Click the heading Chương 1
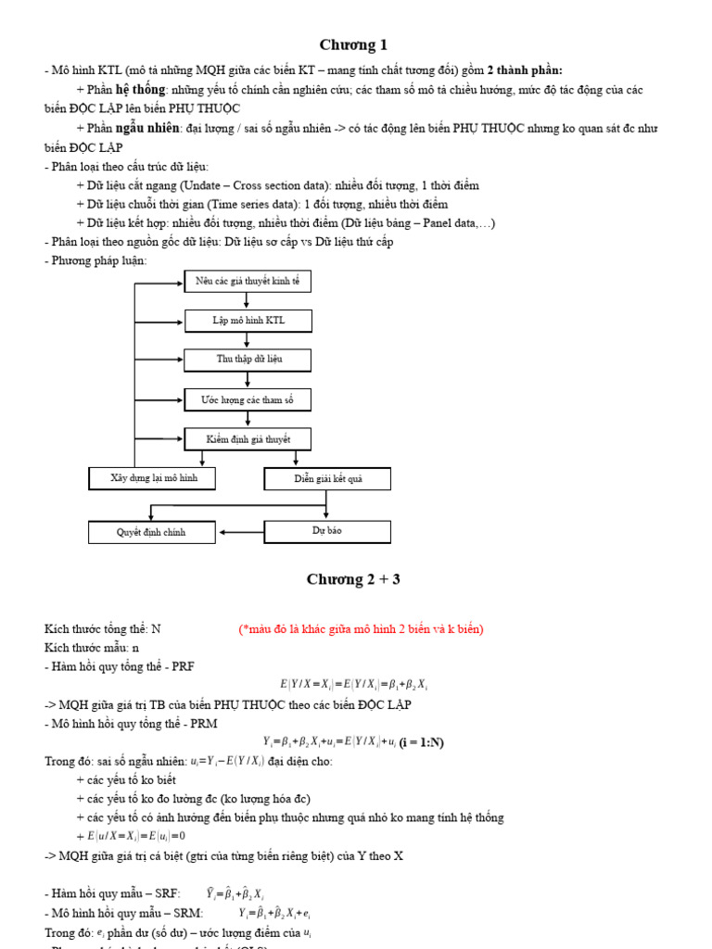[x=353, y=45]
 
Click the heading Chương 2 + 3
[x=353, y=580]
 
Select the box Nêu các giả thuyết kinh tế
[x=248, y=282]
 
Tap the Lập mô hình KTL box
[x=248, y=321]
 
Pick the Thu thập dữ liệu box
[x=248, y=360]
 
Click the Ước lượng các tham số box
[x=248, y=399]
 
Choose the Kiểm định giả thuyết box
[x=248, y=439]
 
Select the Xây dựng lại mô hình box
[x=154, y=478]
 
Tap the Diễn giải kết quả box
[x=327, y=479]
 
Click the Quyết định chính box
[x=151, y=533]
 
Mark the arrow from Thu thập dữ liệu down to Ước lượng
[x=248, y=380]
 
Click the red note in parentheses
[x=362, y=629]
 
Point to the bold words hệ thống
[x=141, y=90]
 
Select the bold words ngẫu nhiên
[x=147, y=128]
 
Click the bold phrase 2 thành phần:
[x=525, y=70]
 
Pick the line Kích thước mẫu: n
[x=92, y=648]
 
